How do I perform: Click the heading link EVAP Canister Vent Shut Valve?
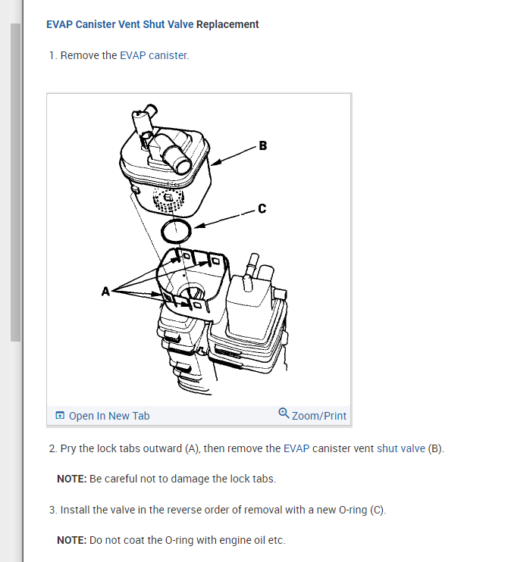pos(120,24)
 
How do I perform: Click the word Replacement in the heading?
pos(227,24)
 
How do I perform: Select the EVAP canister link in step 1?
pos(153,55)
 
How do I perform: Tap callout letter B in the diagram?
pos(262,145)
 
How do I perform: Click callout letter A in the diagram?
pos(106,289)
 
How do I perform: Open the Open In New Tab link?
pos(109,416)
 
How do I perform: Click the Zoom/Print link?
pos(318,416)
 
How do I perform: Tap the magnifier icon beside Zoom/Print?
pos(284,414)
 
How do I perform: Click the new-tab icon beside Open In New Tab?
pos(60,416)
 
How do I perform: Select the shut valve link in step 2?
pos(401,448)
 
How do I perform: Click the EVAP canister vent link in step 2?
pos(328,448)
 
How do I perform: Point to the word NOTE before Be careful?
pos(71,479)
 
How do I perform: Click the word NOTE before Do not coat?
pos(71,540)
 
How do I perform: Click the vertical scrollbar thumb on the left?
pos(15,182)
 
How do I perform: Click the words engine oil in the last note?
pos(241,540)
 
